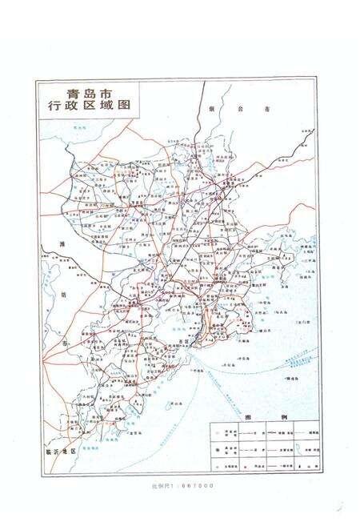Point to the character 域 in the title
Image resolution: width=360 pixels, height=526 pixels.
pyautogui.click(x=102, y=106)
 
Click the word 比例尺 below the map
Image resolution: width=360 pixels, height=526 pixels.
pyautogui.click(x=159, y=485)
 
